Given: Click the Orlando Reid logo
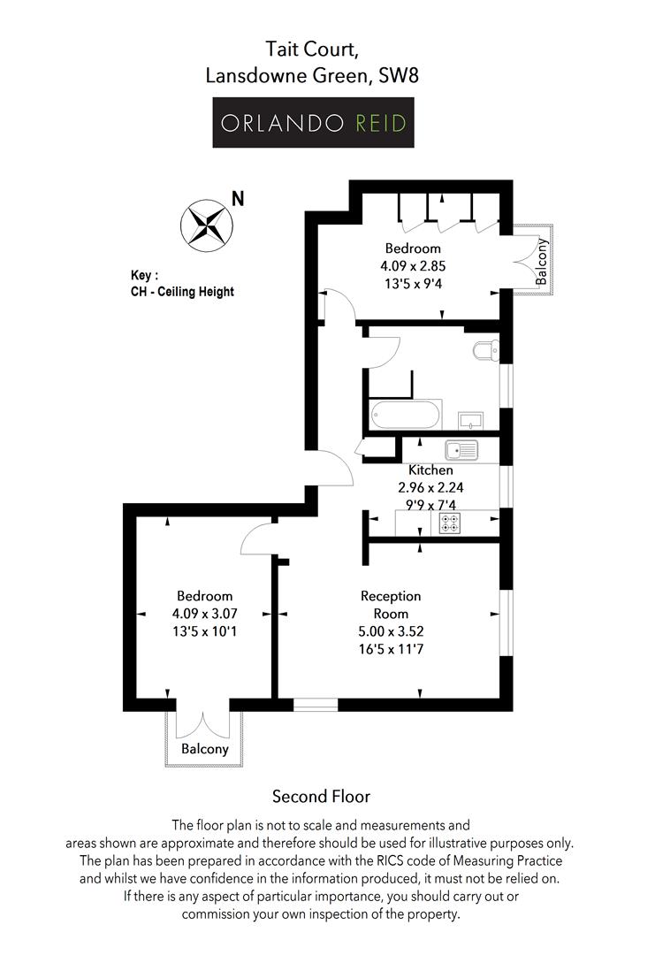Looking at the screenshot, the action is (x=313, y=122).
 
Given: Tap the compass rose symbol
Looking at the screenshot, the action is (x=206, y=225).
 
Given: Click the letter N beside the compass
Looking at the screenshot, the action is (x=238, y=199).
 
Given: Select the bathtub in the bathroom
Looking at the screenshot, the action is (x=406, y=416).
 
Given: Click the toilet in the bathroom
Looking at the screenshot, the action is (x=486, y=351).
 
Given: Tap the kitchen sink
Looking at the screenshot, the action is (x=461, y=451).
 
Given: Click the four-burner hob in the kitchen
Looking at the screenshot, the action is (x=450, y=523).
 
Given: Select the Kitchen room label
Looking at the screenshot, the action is (x=430, y=470).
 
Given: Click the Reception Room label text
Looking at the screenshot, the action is (x=391, y=605).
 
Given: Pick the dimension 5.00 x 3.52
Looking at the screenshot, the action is (x=391, y=631).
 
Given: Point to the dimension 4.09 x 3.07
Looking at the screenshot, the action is (x=204, y=614).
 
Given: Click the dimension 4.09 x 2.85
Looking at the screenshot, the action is (x=413, y=266).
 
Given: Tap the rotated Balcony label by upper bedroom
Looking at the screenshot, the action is (x=541, y=262).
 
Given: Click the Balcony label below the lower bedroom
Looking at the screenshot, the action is (x=204, y=749).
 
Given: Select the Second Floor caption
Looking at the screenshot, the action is (x=322, y=797).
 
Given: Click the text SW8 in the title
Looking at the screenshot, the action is (x=399, y=75).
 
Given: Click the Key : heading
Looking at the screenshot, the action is (x=144, y=275).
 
